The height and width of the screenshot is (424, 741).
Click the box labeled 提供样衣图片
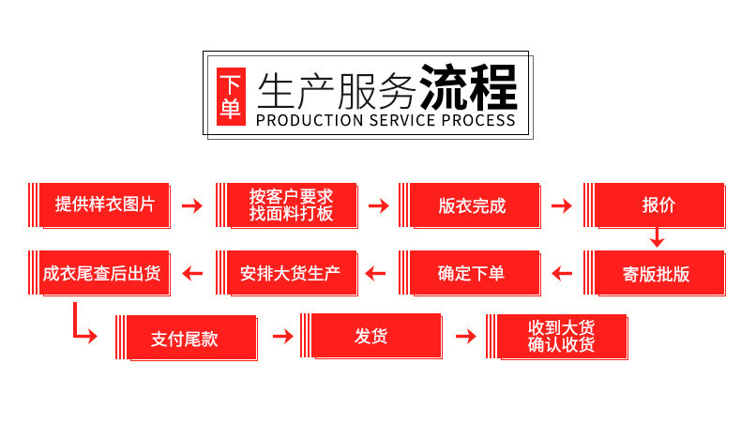(x=104, y=205)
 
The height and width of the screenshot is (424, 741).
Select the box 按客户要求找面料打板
(x=291, y=205)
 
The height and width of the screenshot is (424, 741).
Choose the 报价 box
(x=658, y=205)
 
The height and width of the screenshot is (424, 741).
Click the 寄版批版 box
(x=658, y=274)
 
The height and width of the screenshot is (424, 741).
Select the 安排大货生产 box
(x=291, y=274)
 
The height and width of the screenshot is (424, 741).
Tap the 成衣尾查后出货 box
(x=102, y=274)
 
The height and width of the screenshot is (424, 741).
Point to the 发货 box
(x=371, y=337)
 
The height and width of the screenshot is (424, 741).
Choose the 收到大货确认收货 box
(x=561, y=337)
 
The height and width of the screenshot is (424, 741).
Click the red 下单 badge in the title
(x=230, y=97)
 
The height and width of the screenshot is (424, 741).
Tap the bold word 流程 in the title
(x=468, y=88)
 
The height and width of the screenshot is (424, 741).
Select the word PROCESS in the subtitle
(x=478, y=120)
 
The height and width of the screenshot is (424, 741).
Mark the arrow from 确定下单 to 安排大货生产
(x=376, y=274)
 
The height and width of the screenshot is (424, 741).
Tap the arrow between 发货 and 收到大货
(x=464, y=337)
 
